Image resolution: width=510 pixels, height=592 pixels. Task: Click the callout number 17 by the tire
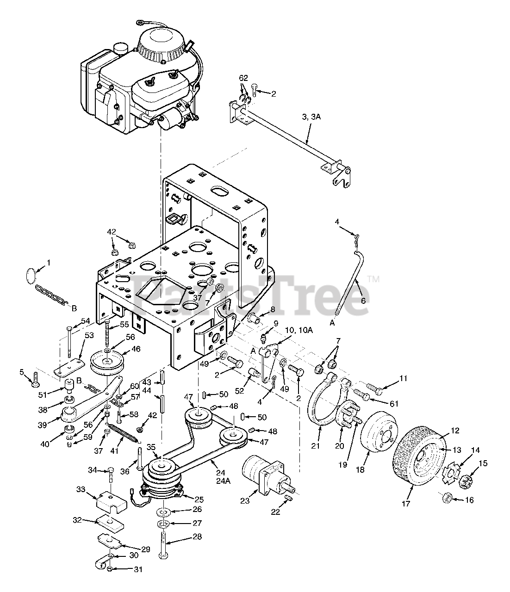tap(405, 504)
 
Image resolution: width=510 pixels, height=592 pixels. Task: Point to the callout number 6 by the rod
tap(362, 300)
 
